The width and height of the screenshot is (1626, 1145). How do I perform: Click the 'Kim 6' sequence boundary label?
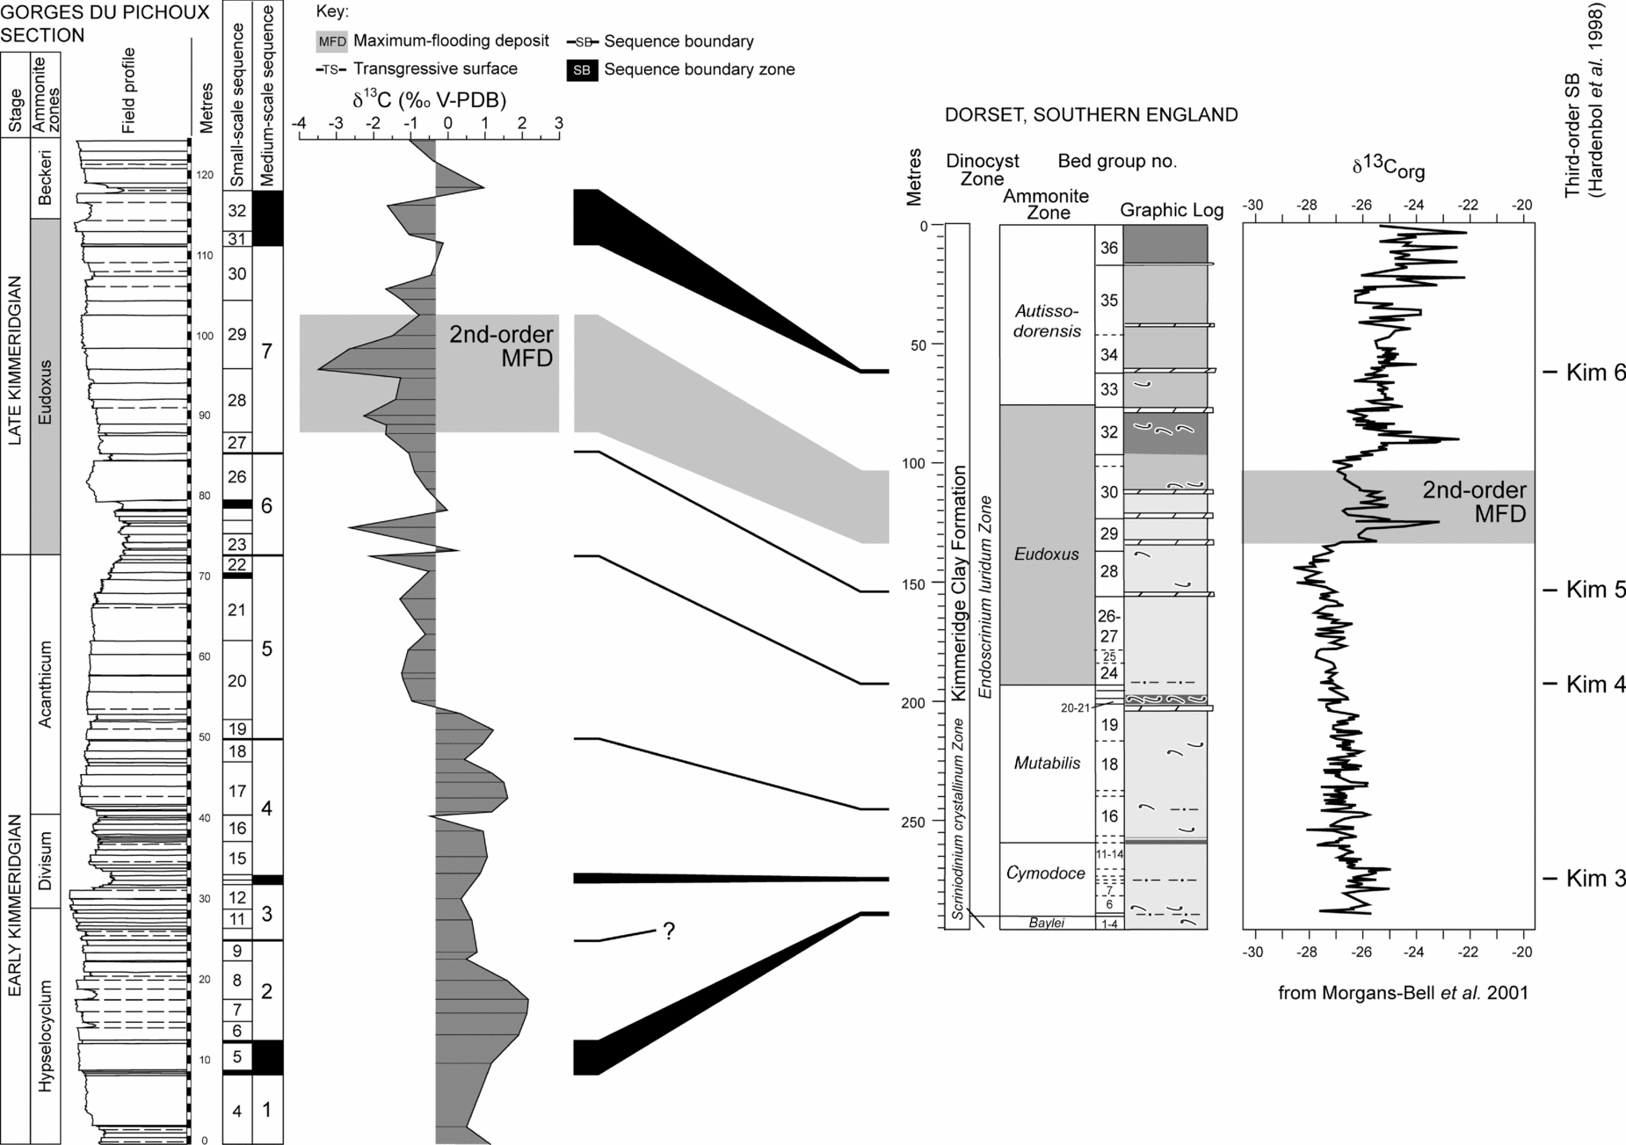click(x=1594, y=373)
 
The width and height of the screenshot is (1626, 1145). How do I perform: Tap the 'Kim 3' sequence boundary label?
click(x=1594, y=879)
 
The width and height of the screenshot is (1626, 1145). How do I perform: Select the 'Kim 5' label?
click(x=1594, y=589)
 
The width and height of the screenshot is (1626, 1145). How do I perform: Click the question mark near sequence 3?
click(x=669, y=931)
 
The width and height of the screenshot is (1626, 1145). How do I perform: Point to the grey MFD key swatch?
click(x=331, y=41)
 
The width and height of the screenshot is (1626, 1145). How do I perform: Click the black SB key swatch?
click(x=581, y=69)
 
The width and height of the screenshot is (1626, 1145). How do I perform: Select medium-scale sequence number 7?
click(x=267, y=351)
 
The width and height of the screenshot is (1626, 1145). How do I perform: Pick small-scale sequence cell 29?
click(x=237, y=335)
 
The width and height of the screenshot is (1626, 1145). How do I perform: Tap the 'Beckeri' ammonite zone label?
click(x=46, y=178)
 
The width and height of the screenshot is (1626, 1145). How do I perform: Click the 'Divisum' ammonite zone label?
click(x=46, y=860)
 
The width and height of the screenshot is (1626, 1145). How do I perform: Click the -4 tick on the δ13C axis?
click(x=299, y=124)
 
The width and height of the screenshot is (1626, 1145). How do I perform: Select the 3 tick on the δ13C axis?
click(x=558, y=124)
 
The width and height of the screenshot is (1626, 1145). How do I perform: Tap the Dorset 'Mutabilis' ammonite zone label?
click(x=1047, y=764)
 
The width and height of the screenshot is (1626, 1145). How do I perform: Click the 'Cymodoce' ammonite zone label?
click(x=1046, y=873)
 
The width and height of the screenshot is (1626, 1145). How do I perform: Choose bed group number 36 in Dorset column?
click(x=1108, y=248)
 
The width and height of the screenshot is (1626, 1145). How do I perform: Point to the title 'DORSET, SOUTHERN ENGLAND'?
click(x=1091, y=115)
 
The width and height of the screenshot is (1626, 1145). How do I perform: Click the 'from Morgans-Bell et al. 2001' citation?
click(x=1403, y=993)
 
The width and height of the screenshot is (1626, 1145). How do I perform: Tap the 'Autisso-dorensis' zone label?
click(x=1047, y=321)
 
